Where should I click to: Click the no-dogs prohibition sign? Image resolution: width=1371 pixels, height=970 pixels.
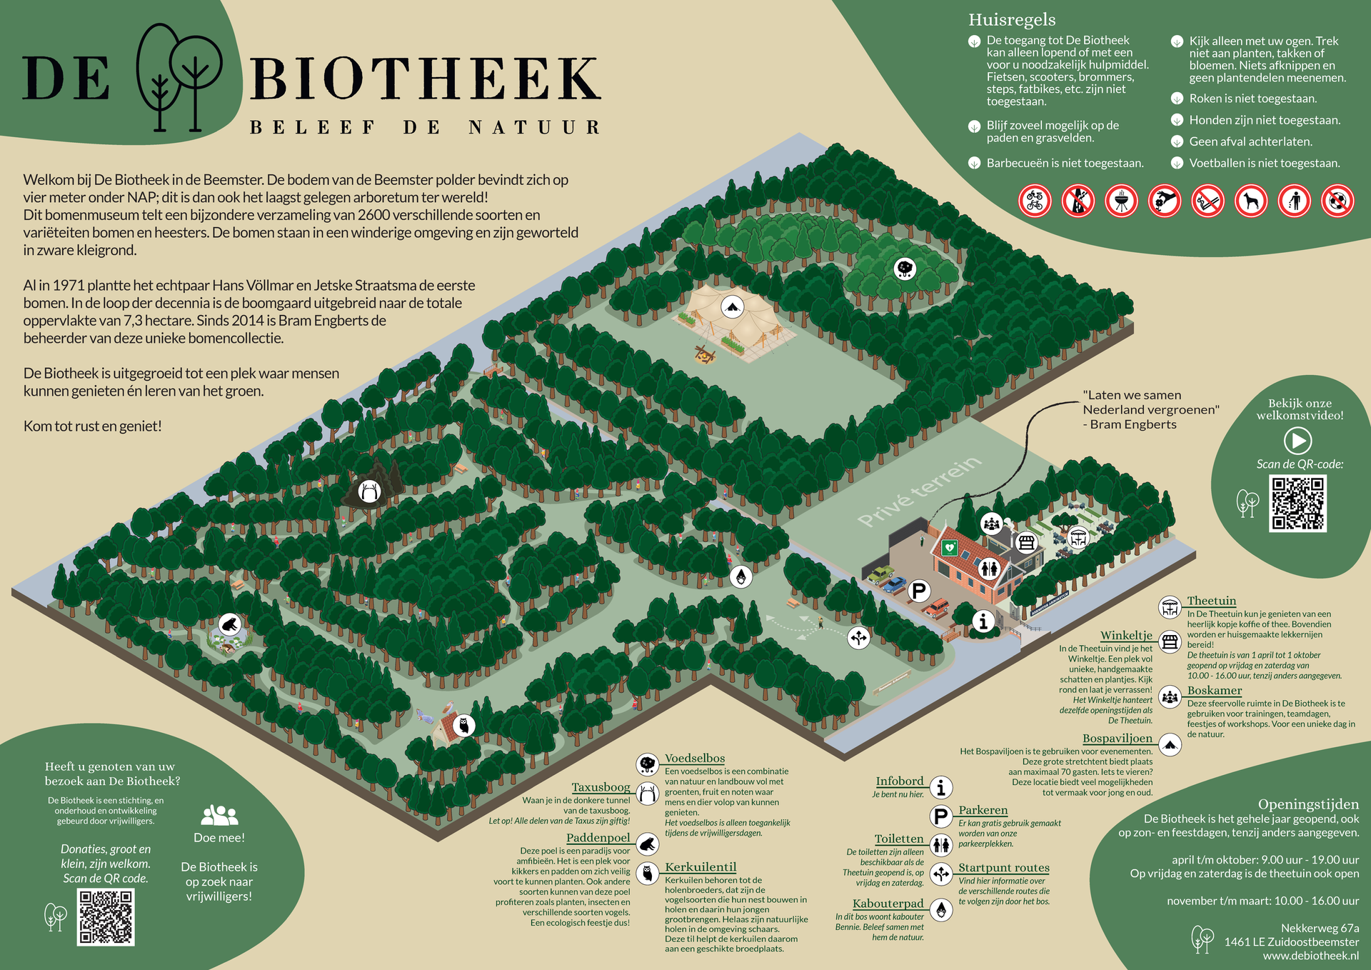tap(1251, 201)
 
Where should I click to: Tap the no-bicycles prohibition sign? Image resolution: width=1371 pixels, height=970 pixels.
tap(1035, 201)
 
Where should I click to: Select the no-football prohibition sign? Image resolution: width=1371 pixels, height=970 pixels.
tap(1337, 201)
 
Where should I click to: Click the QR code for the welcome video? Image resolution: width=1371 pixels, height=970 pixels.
tap(1297, 504)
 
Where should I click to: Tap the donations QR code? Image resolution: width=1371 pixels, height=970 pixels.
tap(106, 917)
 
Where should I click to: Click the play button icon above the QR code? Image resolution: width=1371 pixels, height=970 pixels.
tap(1297, 440)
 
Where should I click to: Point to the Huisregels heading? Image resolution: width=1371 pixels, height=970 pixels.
tap(1012, 20)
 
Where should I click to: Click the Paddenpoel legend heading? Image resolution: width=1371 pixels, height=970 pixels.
tap(598, 838)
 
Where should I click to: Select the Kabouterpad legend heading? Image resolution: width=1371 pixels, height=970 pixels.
tap(888, 904)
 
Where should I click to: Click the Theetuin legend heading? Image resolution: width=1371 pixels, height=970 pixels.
tap(1211, 601)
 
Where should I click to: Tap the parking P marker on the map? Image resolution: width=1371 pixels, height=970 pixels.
tap(919, 591)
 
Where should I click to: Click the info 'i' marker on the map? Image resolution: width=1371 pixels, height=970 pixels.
tap(983, 621)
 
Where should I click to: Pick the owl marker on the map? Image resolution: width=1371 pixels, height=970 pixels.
tap(463, 726)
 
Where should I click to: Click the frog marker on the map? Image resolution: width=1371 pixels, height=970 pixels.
tap(229, 625)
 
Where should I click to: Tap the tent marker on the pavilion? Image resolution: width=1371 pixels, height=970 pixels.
tap(731, 307)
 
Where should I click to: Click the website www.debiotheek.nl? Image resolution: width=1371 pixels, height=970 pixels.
tap(1310, 956)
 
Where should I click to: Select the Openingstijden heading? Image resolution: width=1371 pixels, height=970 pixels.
tap(1308, 804)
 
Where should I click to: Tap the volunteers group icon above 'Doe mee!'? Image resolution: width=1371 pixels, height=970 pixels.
tap(219, 815)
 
